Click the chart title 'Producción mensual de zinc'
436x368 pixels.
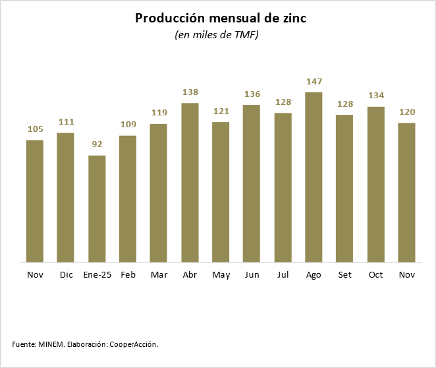[x=220, y=18]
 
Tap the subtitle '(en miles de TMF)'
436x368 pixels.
[x=217, y=36]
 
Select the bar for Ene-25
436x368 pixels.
[x=97, y=208]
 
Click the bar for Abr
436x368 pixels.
[x=190, y=182]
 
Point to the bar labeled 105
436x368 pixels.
[x=35, y=200]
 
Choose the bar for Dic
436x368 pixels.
[x=66, y=197]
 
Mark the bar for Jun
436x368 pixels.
[x=252, y=183]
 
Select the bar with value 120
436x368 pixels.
[x=406, y=192]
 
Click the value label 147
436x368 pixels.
[x=313, y=82]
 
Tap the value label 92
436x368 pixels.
[x=97, y=144]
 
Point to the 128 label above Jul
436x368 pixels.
[x=283, y=102]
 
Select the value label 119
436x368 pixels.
[x=159, y=113]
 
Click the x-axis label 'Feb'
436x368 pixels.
[x=128, y=275]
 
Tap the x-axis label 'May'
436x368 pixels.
[x=221, y=275]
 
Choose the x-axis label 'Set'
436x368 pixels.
[x=344, y=275]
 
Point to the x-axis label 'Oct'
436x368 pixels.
[x=375, y=275]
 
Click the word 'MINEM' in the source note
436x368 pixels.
[x=51, y=344]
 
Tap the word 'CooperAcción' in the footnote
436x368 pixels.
[x=134, y=344]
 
